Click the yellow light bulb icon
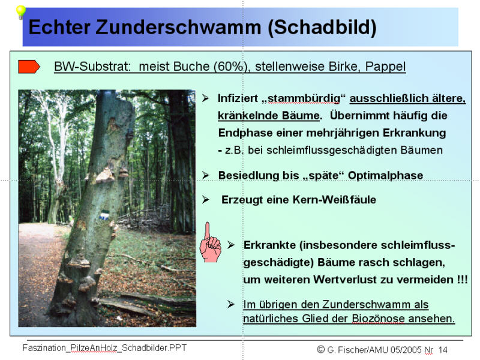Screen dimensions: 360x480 click(x=20, y=11)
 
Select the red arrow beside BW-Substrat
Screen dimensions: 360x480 click(x=29, y=67)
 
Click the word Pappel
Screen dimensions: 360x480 click(x=388, y=67)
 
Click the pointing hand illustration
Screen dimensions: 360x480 click(x=209, y=243)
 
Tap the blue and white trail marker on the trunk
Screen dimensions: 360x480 click(x=104, y=214)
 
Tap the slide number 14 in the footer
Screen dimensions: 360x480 click(x=443, y=349)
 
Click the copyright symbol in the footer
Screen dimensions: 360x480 click(x=321, y=349)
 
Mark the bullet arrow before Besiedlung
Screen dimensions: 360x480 click(x=206, y=175)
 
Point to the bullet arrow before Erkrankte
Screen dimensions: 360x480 click(x=231, y=245)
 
